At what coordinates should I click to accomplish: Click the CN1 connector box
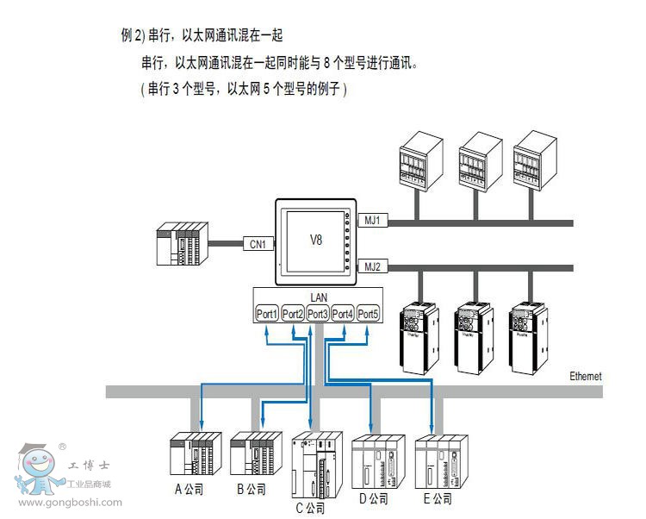tap(258, 244)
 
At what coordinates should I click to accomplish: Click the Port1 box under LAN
tap(268, 314)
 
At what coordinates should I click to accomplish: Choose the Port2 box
tap(293, 314)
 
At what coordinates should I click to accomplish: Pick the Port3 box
tap(318, 314)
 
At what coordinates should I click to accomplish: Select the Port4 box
tap(343, 314)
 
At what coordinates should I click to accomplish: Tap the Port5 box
tap(368, 314)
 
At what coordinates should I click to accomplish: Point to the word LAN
tap(318, 297)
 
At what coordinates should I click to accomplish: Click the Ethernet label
tap(586, 377)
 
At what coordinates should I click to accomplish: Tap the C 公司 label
tap(311, 508)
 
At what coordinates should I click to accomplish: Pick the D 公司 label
tap(374, 498)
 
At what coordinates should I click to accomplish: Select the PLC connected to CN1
tap(182, 244)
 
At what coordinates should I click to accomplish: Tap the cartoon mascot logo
tap(37, 470)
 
